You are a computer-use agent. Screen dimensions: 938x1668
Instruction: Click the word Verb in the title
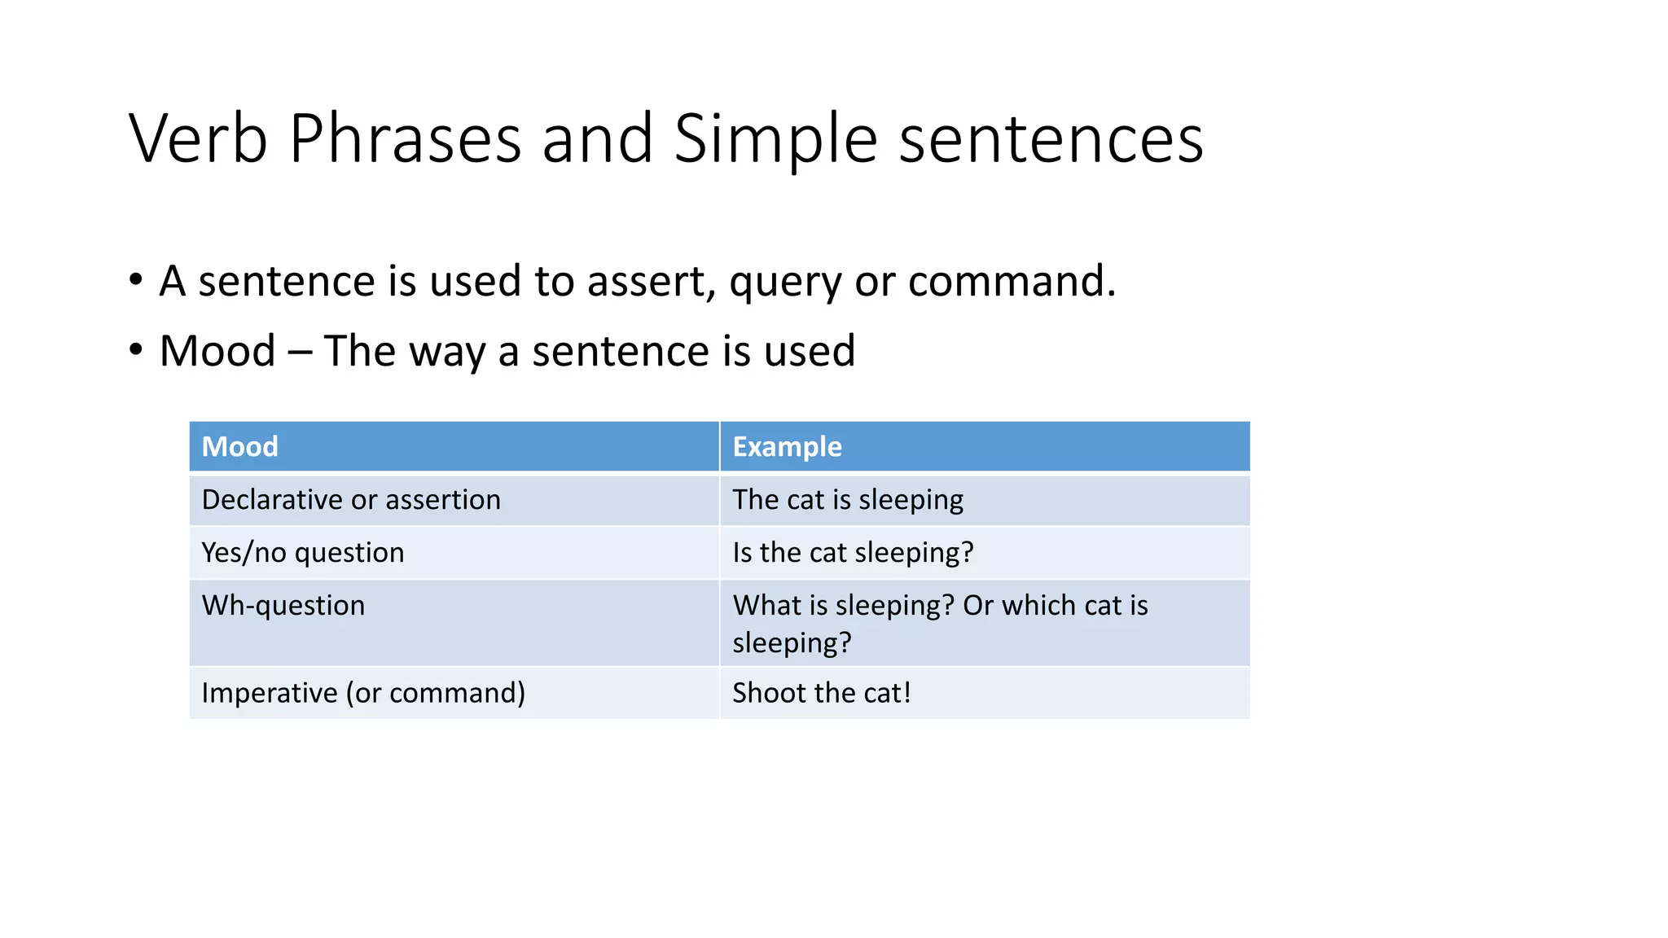198,138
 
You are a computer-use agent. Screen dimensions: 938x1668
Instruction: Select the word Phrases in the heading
405,138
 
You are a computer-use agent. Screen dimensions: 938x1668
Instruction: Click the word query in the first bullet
784,283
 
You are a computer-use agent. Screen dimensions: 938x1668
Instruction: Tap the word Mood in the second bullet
217,351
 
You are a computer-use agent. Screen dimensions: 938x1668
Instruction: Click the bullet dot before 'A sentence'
136,280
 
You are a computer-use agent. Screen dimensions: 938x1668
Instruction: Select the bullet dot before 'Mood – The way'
136,350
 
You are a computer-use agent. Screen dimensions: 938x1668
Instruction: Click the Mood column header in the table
239,446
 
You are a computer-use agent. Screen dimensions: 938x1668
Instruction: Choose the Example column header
787,446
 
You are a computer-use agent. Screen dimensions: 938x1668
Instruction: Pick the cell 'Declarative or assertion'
351,499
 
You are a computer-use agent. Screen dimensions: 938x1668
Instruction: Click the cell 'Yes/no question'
302,552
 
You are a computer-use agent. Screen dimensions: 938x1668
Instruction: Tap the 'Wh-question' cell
283,605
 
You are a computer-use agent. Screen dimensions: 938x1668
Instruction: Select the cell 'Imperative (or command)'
363,692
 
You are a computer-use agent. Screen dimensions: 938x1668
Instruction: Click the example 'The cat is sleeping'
847,499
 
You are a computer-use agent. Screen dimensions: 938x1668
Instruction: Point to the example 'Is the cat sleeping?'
852,552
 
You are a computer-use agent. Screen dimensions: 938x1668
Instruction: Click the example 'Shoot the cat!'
821,692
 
